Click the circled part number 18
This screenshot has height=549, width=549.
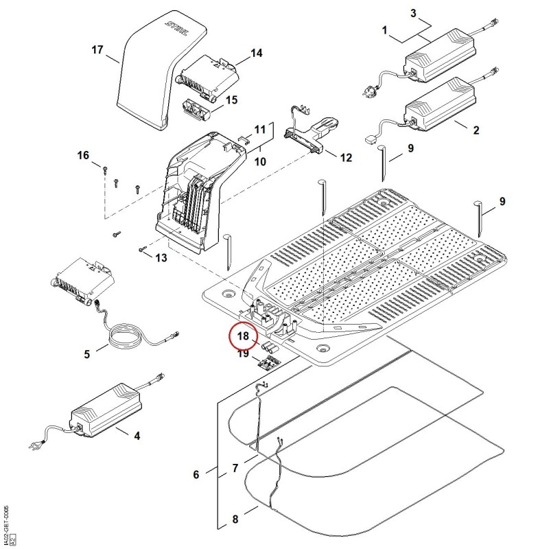[243, 336]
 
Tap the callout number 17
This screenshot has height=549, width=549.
[97, 49]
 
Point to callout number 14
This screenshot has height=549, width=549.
[256, 54]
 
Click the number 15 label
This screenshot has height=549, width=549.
[232, 100]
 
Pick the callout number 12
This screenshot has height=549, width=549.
[346, 158]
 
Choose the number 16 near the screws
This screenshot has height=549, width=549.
[83, 155]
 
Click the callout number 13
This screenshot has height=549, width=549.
[161, 258]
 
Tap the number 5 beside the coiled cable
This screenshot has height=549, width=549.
[87, 354]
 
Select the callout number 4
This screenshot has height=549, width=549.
[137, 436]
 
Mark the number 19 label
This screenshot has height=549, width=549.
[243, 353]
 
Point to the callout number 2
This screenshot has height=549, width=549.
[476, 130]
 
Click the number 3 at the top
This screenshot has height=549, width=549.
[414, 13]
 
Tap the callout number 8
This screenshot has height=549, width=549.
[235, 519]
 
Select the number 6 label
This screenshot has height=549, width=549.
[196, 475]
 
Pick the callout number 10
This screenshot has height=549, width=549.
[260, 162]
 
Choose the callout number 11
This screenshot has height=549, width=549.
[260, 130]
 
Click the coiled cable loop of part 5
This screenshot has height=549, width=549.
[124, 337]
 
